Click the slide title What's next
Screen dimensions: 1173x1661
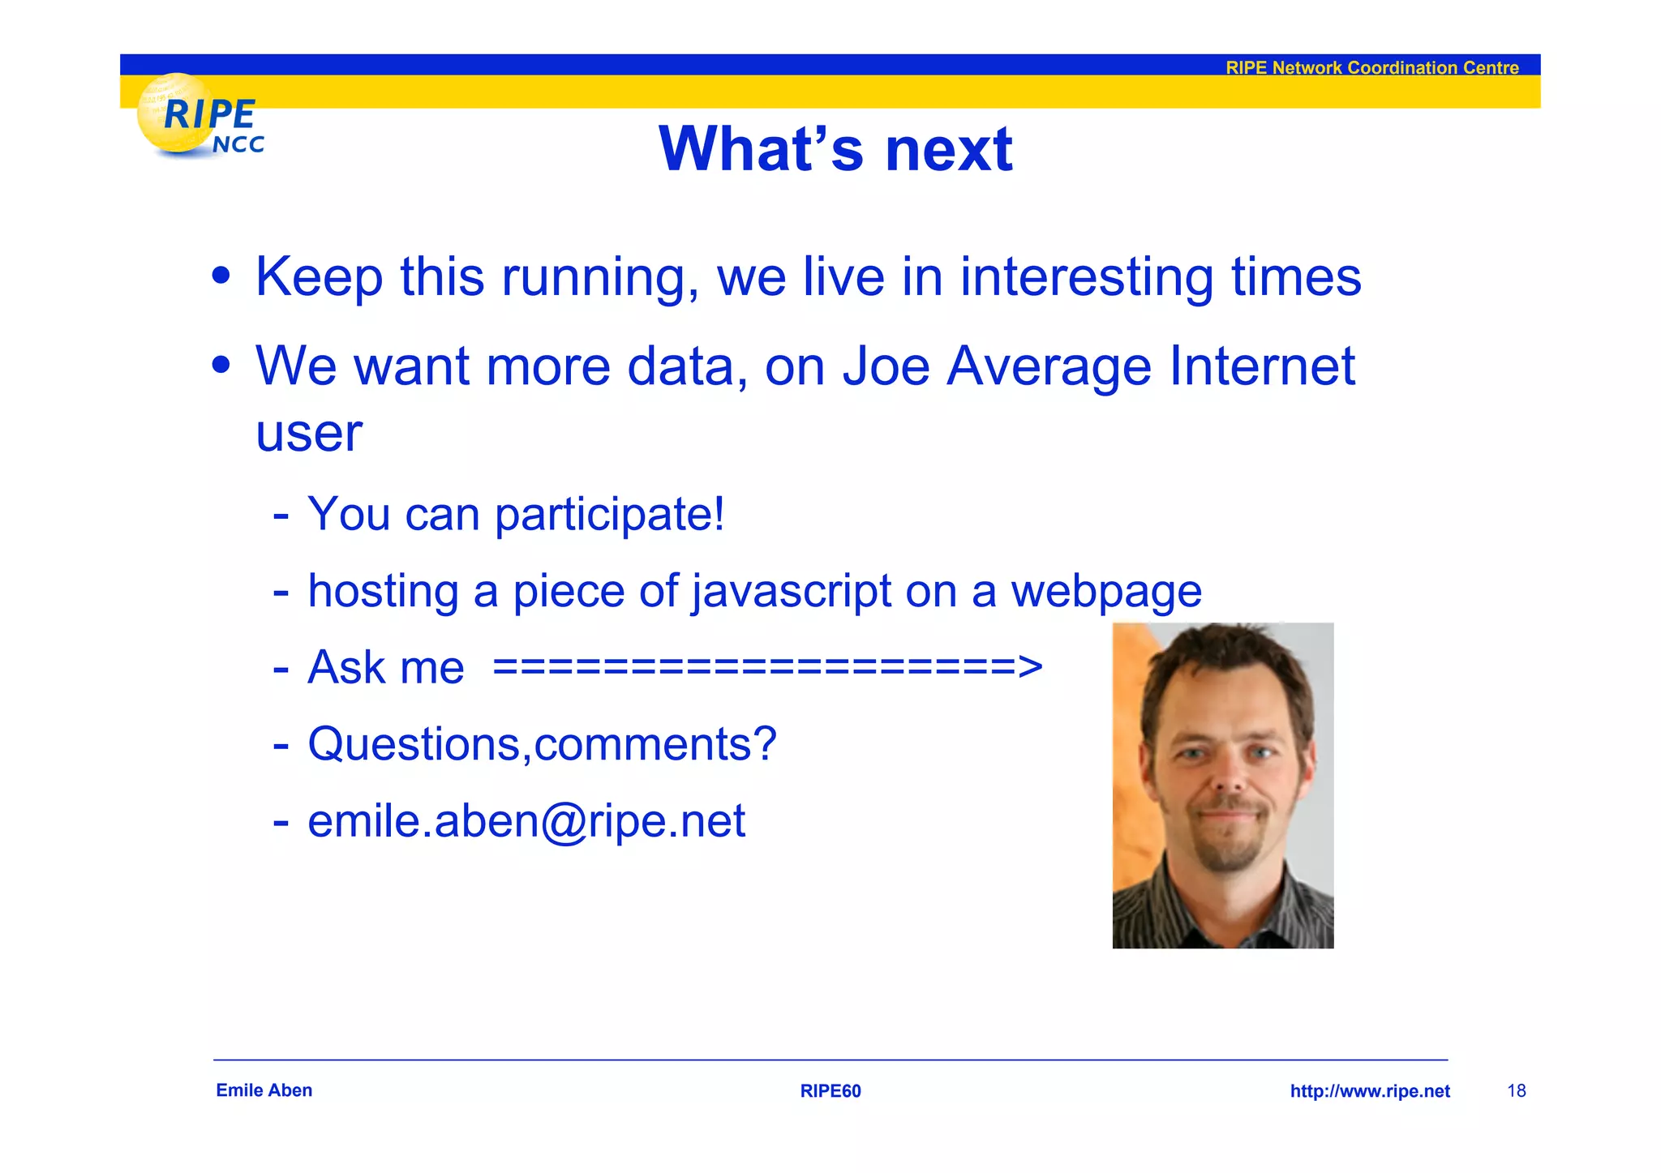point(835,149)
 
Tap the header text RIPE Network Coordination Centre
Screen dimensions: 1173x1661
point(1371,68)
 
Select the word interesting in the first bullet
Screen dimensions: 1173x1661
point(1086,277)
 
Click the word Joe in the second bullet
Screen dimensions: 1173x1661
point(886,366)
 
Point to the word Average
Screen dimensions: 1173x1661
point(1049,366)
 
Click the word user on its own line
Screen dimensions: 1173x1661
point(308,434)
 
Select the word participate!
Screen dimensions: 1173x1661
point(609,514)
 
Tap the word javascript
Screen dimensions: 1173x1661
point(792,591)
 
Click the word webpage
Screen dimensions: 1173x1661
point(1105,591)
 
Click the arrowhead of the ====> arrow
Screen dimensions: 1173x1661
point(1029,667)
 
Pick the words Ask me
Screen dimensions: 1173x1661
point(385,667)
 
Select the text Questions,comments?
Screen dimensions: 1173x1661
point(542,744)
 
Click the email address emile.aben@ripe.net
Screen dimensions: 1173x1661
point(526,821)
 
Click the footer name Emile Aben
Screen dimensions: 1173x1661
point(264,1090)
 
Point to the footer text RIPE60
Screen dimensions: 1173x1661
point(830,1091)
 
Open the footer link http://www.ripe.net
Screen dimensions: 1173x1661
point(1369,1091)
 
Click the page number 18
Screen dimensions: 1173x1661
point(1516,1091)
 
